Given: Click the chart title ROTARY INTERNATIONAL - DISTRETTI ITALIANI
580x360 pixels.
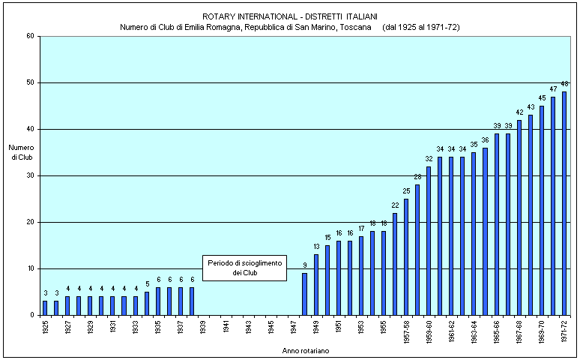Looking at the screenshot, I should tap(290, 16).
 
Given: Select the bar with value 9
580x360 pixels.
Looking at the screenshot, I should tap(304, 294).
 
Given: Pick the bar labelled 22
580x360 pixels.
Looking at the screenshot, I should tap(395, 264).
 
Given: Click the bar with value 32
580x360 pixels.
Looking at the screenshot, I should tap(429, 241).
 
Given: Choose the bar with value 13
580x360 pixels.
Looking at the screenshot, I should tap(315, 285).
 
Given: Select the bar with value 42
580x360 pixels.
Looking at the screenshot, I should tap(519, 217).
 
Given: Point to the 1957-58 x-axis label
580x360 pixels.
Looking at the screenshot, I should tap(406, 331).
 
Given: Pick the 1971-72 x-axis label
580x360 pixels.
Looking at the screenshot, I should tap(564, 331).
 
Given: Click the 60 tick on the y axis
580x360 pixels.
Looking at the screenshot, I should tap(29, 36).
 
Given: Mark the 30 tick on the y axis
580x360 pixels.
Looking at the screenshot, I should tap(29, 175).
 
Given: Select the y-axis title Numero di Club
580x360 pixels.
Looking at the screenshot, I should tap(21, 152).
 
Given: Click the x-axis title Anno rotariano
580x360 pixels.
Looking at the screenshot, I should tap(305, 350).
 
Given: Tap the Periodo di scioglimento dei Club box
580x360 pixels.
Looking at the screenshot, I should tap(235, 268).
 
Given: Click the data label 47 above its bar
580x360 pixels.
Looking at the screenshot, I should tap(553, 89).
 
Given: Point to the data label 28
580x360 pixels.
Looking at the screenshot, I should tap(417, 177).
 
